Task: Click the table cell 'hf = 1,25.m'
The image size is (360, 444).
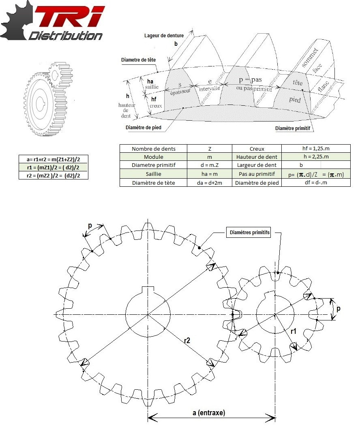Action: tap(316, 149)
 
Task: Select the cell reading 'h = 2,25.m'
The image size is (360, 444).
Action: tap(316, 157)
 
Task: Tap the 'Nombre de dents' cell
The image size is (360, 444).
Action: tap(153, 149)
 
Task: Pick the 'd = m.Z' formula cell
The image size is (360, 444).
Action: tap(209, 165)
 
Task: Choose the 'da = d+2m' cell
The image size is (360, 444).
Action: tap(209, 182)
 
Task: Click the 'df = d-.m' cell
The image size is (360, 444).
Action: tap(316, 182)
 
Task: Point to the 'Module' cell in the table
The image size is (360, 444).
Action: tap(153, 157)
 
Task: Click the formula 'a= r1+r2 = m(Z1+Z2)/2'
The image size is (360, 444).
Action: tap(53, 159)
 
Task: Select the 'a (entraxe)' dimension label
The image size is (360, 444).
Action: tap(209, 413)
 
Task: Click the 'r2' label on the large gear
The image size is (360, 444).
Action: tap(187, 340)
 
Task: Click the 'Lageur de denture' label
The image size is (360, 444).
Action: tap(164, 36)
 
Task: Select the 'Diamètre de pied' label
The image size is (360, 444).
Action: tap(144, 128)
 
